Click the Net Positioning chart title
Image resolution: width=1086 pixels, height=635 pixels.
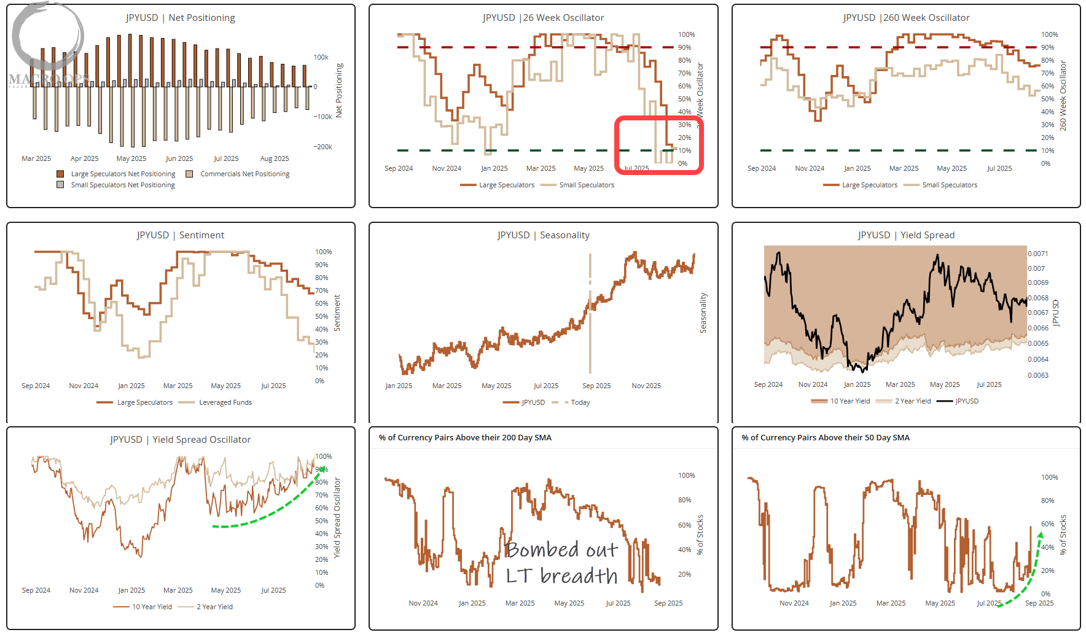(x=180, y=18)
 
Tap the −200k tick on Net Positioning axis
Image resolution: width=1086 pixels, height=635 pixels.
(x=322, y=147)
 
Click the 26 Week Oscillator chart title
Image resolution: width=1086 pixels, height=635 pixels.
(x=543, y=18)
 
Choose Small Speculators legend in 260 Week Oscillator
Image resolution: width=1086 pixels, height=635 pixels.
(x=949, y=185)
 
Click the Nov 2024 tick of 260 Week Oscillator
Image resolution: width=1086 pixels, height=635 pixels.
(x=809, y=168)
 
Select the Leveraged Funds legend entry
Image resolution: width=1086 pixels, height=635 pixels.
(x=225, y=402)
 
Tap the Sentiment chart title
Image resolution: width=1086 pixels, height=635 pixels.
(x=180, y=235)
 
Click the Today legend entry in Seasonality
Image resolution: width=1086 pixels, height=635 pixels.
(x=579, y=402)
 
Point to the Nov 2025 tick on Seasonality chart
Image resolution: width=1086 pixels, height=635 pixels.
(x=646, y=386)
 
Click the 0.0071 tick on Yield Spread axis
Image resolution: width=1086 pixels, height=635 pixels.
(x=1037, y=254)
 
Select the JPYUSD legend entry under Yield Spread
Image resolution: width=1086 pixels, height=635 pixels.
(x=966, y=401)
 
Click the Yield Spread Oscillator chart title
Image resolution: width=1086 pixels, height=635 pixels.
(x=180, y=440)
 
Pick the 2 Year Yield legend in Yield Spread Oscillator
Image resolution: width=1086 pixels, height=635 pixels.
(x=214, y=607)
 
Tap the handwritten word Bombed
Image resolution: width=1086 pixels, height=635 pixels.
(x=542, y=550)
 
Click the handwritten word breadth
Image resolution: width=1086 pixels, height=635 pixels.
(x=579, y=576)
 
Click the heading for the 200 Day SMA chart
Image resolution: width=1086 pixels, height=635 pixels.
(x=465, y=438)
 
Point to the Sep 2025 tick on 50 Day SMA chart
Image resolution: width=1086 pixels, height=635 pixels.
(x=1039, y=603)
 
